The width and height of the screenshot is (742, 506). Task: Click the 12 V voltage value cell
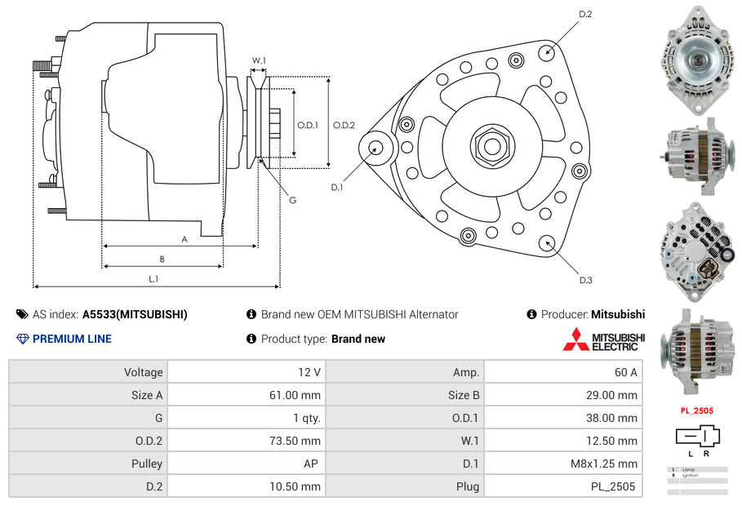point(309,372)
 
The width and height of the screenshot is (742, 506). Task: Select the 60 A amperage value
point(626,372)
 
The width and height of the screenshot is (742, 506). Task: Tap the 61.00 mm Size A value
point(298,395)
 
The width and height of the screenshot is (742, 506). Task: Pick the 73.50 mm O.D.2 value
point(298,441)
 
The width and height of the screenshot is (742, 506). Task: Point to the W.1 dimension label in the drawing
point(259,60)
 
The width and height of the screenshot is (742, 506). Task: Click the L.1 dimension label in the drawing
point(153,279)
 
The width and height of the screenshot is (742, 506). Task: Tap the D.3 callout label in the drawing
point(585,280)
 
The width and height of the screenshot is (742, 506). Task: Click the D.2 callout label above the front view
point(585,14)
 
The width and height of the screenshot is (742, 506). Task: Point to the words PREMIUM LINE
point(72,339)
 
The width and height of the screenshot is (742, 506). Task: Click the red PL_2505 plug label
point(696,411)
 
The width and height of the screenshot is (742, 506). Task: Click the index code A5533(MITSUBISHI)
point(135,314)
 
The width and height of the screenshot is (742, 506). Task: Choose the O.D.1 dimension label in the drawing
point(308,125)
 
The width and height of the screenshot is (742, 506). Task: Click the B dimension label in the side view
point(162,259)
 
